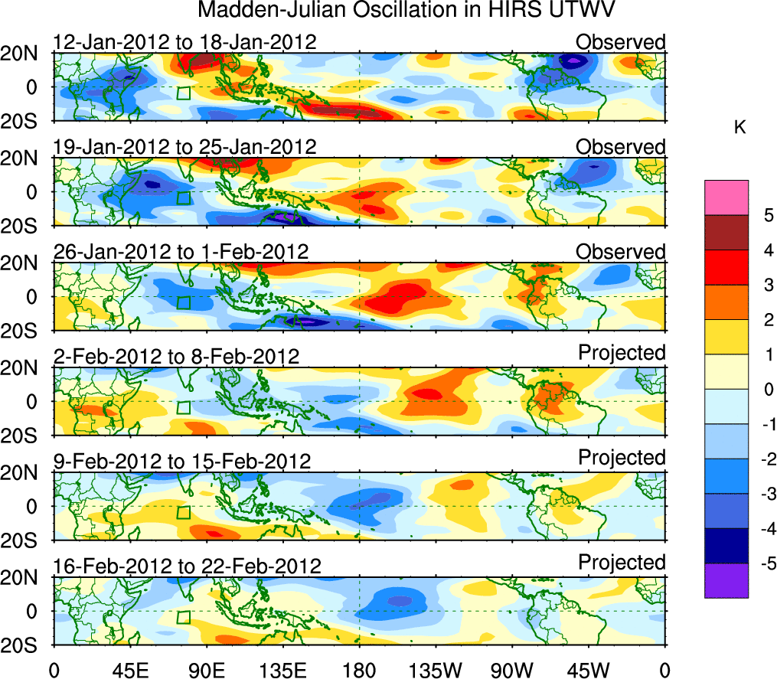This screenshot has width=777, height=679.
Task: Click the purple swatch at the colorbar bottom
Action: [x=726, y=580]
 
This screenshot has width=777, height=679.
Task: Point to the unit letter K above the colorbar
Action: [x=739, y=128]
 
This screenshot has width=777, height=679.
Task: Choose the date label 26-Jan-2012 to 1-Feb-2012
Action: [x=181, y=252]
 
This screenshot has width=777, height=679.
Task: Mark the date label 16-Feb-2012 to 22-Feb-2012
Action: [x=187, y=566]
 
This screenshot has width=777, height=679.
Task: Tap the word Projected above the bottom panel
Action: [x=622, y=563]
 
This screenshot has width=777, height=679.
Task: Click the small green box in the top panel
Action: [x=183, y=93]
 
